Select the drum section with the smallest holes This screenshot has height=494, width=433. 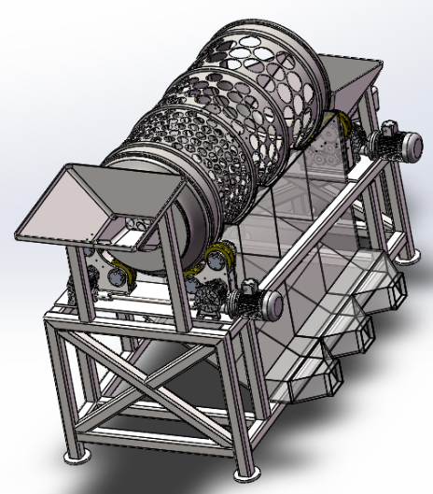click(163, 149)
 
